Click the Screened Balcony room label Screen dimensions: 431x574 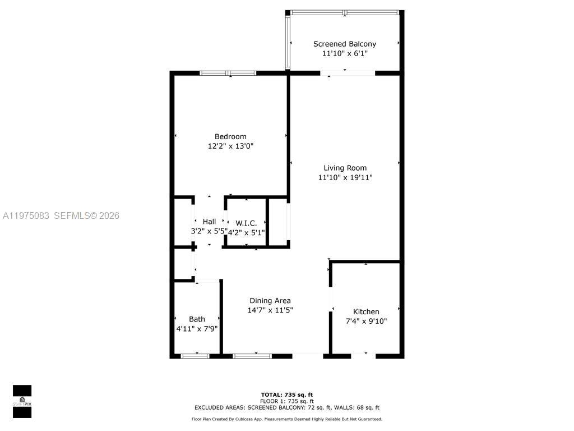344,44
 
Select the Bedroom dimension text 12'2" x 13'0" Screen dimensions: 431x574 230,146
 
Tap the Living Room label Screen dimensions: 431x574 345,168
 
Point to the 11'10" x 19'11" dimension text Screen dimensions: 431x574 345,177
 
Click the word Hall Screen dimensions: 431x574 209,222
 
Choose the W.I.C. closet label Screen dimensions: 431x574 246,223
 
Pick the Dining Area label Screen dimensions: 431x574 270,300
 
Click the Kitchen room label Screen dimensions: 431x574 366,311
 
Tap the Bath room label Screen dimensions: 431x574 197,319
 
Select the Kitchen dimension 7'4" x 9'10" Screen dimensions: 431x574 366,322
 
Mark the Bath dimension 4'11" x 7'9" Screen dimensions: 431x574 197,329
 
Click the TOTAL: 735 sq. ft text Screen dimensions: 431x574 286,395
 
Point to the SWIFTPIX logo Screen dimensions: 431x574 22,401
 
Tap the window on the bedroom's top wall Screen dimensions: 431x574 228,73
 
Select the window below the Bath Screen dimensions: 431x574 195,356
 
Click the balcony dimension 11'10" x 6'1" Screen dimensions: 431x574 344,54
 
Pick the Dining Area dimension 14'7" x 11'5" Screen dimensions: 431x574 270,310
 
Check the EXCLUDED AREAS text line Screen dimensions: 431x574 286,407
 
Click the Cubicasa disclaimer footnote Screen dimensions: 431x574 286,419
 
